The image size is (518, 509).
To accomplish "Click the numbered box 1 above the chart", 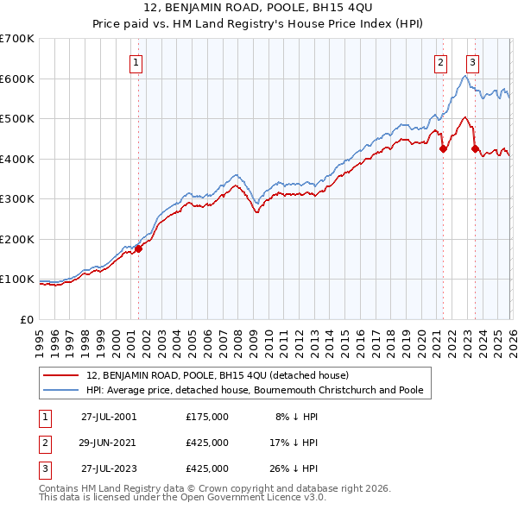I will (137, 62).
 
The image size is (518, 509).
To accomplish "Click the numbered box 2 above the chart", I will (441, 62).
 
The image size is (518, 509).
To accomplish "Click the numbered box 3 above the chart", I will (473, 62).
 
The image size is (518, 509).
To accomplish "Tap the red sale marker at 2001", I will (138, 249).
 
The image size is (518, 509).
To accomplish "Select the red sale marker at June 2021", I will (443, 148).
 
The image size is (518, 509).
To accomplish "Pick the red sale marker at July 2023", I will (475, 148).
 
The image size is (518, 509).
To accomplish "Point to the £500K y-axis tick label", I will (16, 119).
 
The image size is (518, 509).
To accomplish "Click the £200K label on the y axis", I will (16, 239).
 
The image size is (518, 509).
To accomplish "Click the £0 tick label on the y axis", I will (27, 319).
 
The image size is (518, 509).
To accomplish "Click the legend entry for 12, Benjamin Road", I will (217, 375).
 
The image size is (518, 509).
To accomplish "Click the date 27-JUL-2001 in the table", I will (109, 417).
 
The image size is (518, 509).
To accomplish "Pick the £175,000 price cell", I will (206, 417).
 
